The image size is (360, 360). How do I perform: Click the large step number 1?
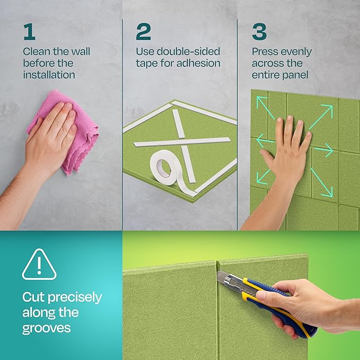29,31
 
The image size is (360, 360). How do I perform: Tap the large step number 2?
143,31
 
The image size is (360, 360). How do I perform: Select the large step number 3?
259,31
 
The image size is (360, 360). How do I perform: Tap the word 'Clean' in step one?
36,52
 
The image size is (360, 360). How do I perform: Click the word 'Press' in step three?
265,52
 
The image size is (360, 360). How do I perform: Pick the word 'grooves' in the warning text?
46,328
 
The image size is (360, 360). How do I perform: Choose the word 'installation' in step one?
49,75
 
